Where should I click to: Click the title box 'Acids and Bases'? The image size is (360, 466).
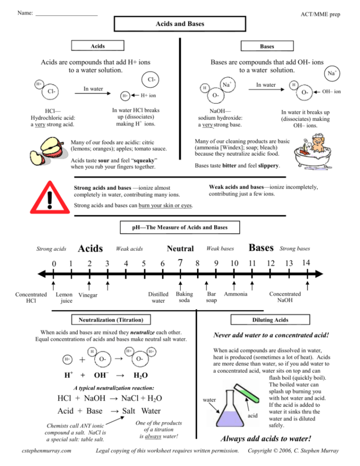(x=180, y=24)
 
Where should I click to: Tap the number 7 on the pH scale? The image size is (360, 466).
(x=180, y=263)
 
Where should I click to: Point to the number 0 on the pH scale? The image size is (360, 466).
(x=54, y=263)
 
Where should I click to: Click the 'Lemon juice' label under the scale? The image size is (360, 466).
(x=64, y=298)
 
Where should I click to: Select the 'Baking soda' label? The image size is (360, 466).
(x=185, y=297)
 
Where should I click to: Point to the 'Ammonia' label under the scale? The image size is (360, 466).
(x=236, y=294)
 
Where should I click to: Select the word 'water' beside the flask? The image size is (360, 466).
(x=210, y=399)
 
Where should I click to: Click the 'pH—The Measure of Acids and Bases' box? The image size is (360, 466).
(x=180, y=227)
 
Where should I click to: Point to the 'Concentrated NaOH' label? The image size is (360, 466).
(x=285, y=297)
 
